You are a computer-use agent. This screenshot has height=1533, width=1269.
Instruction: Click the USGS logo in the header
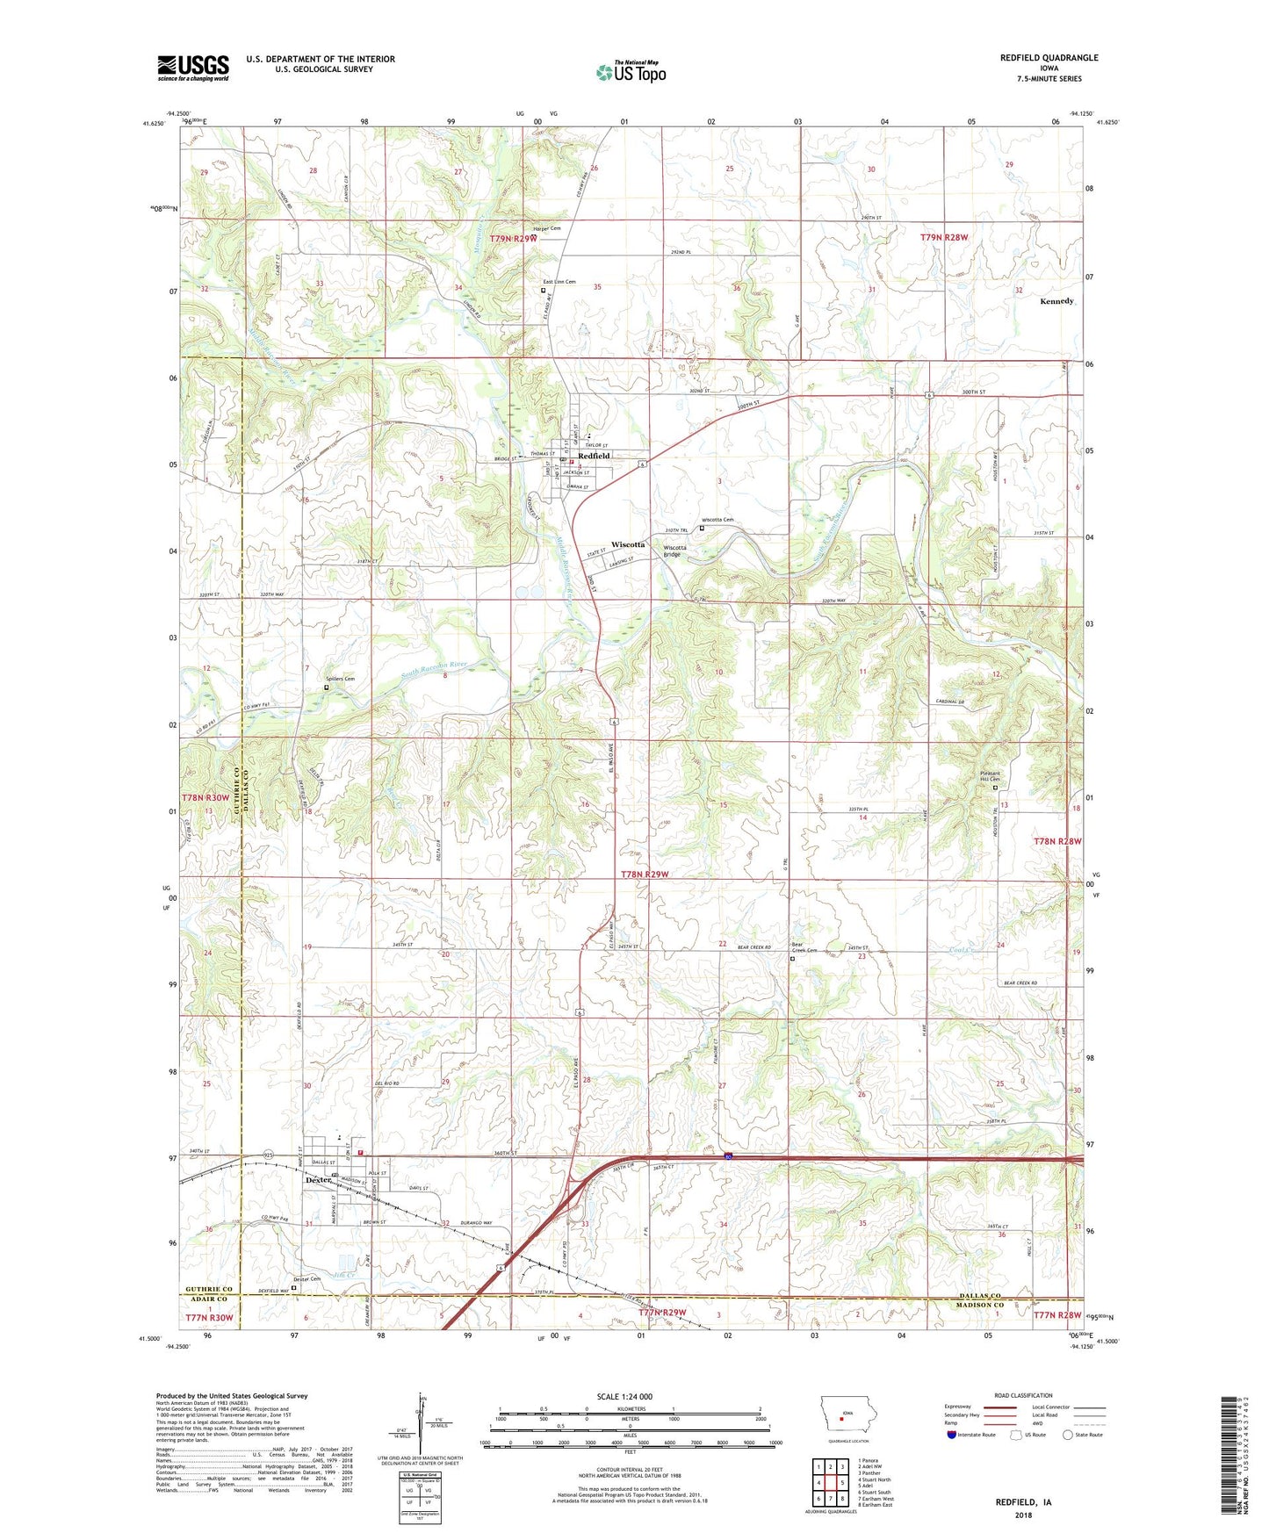193,67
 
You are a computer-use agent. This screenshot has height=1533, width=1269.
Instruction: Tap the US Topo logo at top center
631,71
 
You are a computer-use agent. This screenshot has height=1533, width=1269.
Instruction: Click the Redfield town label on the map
594,456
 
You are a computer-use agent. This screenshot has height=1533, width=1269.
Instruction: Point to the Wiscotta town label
628,544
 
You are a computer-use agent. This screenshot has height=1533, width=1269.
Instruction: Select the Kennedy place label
1056,301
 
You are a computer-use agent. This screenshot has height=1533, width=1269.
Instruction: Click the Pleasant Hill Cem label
996,776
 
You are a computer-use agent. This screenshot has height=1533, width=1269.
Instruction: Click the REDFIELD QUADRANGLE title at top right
1049,58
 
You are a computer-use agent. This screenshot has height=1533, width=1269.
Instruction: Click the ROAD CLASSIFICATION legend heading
1023,1395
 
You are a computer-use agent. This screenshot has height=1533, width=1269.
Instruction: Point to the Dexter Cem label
307,1278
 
